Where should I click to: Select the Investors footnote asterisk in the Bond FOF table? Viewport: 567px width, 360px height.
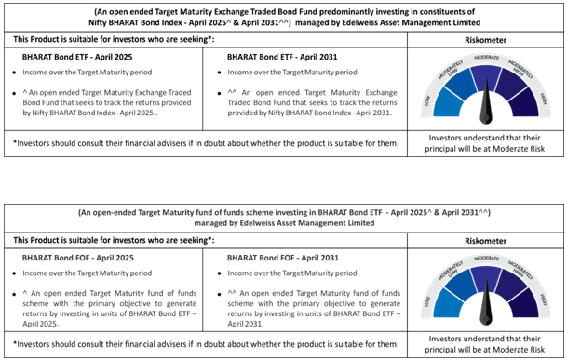coord(16,341)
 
